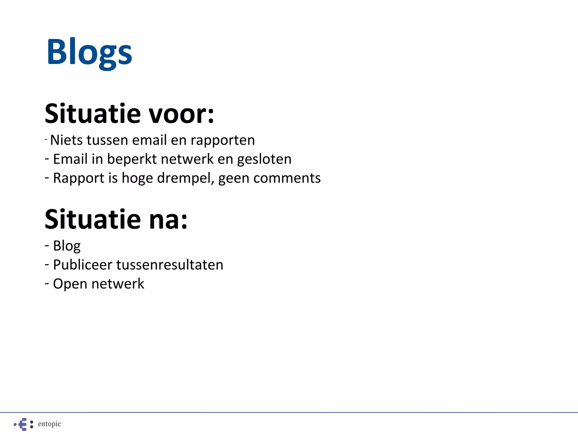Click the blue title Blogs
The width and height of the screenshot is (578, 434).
coord(89,52)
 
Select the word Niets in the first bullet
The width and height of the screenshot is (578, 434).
coord(66,140)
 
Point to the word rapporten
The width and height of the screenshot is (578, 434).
coord(223,140)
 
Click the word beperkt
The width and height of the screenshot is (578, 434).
coord(132,159)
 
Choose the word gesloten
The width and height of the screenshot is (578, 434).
coord(264,159)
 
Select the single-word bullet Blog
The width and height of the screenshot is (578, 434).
coord(67,246)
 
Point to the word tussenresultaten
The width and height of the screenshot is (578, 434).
coord(170,265)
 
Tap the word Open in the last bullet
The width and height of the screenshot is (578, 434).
coord(70,284)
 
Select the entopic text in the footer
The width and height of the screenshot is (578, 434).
coord(49,424)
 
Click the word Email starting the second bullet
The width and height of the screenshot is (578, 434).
coord(70,159)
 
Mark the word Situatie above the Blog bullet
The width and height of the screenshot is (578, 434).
coord(93,220)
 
